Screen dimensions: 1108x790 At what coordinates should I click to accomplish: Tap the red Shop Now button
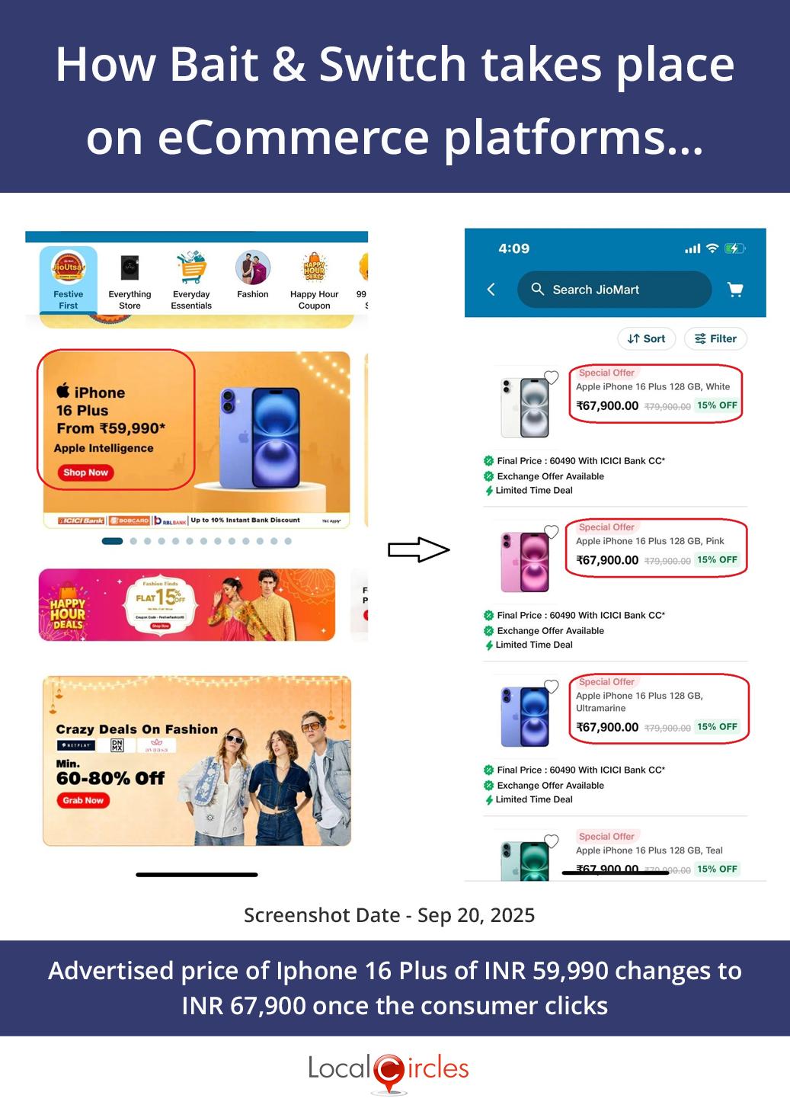pyautogui.click(x=85, y=472)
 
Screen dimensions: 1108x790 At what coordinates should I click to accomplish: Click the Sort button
pyautogui.click(x=646, y=339)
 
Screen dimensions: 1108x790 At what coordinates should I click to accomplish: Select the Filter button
pyautogui.click(x=715, y=339)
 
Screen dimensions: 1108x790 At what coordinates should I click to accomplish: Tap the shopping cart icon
pyautogui.click(x=735, y=290)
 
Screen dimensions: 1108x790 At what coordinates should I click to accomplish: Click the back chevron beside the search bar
pyautogui.click(x=491, y=290)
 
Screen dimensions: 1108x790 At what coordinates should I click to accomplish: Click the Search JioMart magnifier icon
pyautogui.click(x=538, y=290)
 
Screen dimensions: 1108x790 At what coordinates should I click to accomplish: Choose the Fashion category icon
pyautogui.click(x=253, y=268)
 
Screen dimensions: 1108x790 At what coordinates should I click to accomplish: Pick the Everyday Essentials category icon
pyautogui.click(x=191, y=268)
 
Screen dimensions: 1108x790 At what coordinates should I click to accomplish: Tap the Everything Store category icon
pyautogui.click(x=130, y=268)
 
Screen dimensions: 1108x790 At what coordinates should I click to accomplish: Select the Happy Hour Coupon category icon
pyautogui.click(x=314, y=268)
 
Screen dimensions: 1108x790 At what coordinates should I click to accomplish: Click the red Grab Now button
pyautogui.click(x=83, y=800)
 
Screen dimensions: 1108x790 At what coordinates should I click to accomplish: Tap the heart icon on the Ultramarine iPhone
pyautogui.click(x=552, y=687)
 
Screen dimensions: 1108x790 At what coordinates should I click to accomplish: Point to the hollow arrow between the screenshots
pyautogui.click(x=418, y=549)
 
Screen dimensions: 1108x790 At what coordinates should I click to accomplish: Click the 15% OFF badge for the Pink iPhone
pyautogui.click(x=717, y=560)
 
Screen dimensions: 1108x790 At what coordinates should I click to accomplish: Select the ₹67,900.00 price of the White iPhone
pyautogui.click(x=607, y=406)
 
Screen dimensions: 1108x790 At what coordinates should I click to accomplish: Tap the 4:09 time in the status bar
pyautogui.click(x=513, y=248)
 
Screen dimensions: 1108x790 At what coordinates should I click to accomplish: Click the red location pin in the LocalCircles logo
pyautogui.click(x=389, y=1071)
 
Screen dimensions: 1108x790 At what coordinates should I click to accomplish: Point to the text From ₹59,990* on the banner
pyautogui.click(x=111, y=429)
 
